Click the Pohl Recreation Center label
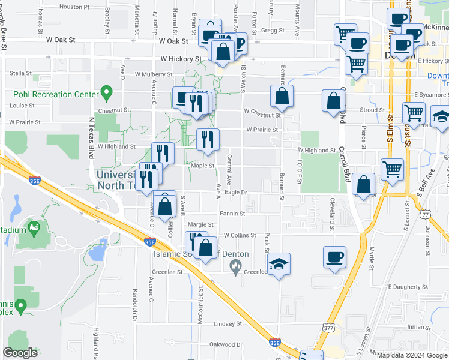[x=56, y=94]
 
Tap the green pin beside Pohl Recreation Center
[x=107, y=93]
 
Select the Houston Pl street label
[x=74, y=7]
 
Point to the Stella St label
[x=20, y=73]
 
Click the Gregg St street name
[x=272, y=30]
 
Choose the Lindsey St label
[x=228, y=323]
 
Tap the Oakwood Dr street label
[x=226, y=344]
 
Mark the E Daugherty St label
[x=407, y=287]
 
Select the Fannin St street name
[x=232, y=214]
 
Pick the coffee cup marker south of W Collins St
[x=335, y=258]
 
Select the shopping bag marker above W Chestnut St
[x=282, y=97]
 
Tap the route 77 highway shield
[x=425, y=214]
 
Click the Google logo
[x=20, y=353]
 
